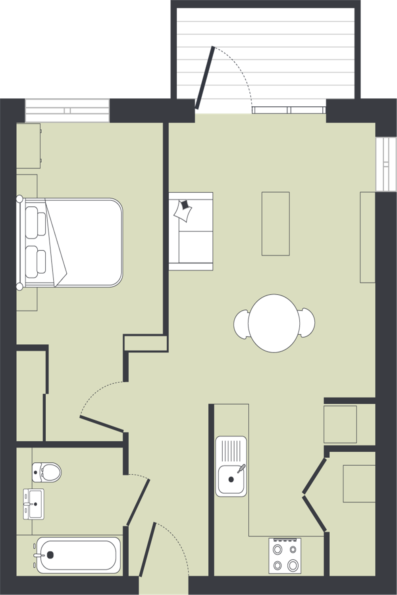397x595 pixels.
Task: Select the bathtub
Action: [78, 555]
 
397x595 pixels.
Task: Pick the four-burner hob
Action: [285, 556]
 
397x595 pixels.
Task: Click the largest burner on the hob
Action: [293, 564]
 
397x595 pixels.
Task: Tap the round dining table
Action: [274, 323]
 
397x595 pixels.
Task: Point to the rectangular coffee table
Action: [276, 223]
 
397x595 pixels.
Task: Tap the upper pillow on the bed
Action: [35, 222]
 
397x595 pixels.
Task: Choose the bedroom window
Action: [67, 110]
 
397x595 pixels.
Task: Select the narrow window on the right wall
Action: [386, 164]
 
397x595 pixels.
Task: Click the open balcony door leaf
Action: [204, 78]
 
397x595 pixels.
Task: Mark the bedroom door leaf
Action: [102, 423]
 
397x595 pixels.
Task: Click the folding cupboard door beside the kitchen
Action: [314, 494]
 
